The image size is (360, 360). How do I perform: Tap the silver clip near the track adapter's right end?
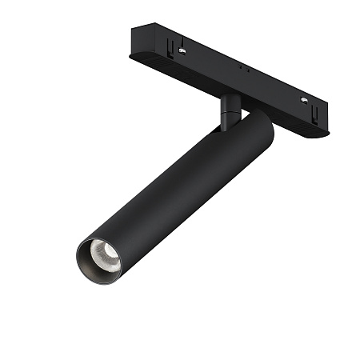304,100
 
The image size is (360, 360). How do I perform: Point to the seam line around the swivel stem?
229,113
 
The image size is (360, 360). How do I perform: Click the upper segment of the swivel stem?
230,102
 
